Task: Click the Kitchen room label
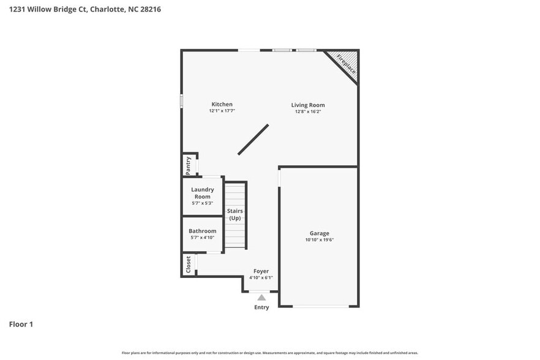(222, 104)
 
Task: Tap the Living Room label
(307, 105)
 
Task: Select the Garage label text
(319, 233)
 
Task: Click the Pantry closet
(189, 164)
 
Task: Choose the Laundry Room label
(202, 193)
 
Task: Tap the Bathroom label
(202, 231)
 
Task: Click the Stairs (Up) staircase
(235, 215)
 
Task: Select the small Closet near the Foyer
(188, 264)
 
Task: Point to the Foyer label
(261, 271)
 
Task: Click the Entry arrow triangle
(261, 298)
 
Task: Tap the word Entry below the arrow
(261, 307)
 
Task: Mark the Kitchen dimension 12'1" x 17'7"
(222, 111)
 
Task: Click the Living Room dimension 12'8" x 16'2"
(307, 111)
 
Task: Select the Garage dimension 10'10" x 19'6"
(319, 240)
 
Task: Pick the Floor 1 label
(21, 324)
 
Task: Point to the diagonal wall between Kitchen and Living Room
(253, 140)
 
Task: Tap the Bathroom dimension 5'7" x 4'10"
(202, 238)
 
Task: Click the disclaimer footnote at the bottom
(269, 353)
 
